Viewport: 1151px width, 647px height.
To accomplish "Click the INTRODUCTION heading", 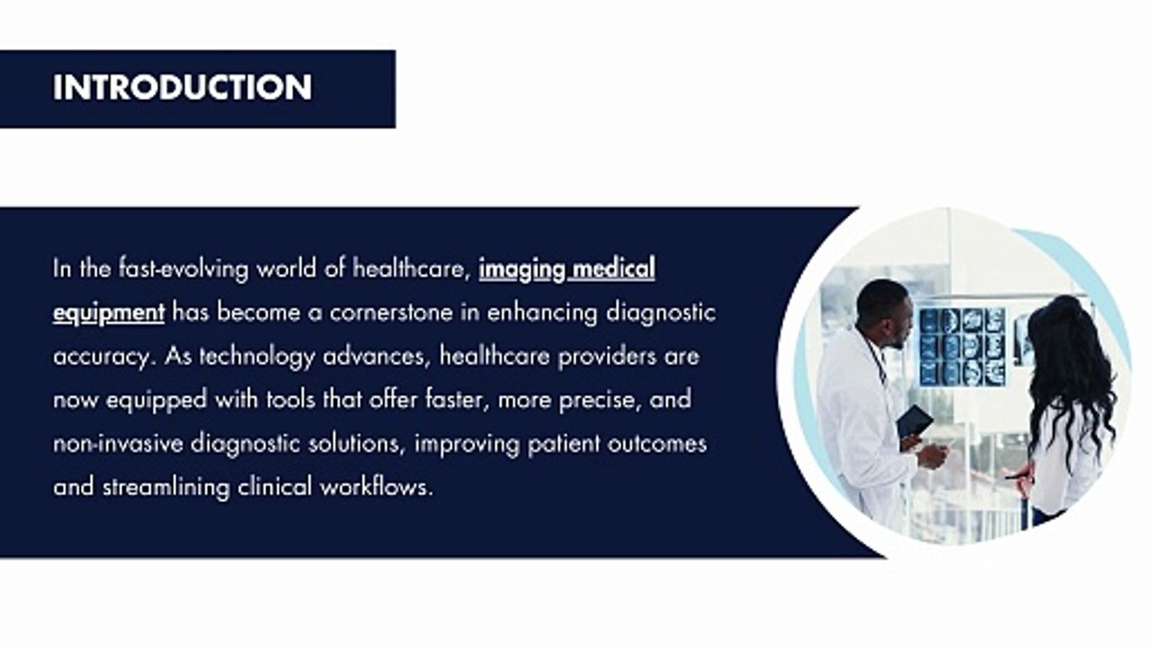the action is pyautogui.click(x=183, y=87).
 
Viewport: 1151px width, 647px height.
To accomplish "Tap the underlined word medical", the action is pyautogui.click(x=614, y=269).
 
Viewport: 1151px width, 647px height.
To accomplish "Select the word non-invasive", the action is pyautogui.click(x=118, y=444).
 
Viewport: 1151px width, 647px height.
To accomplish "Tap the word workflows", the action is pyautogui.click(x=377, y=487).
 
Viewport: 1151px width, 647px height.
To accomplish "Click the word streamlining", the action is pyautogui.click(x=166, y=488).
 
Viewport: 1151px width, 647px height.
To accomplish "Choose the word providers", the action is pyautogui.click(x=607, y=357).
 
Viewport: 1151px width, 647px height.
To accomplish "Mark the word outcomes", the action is pyautogui.click(x=656, y=444).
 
